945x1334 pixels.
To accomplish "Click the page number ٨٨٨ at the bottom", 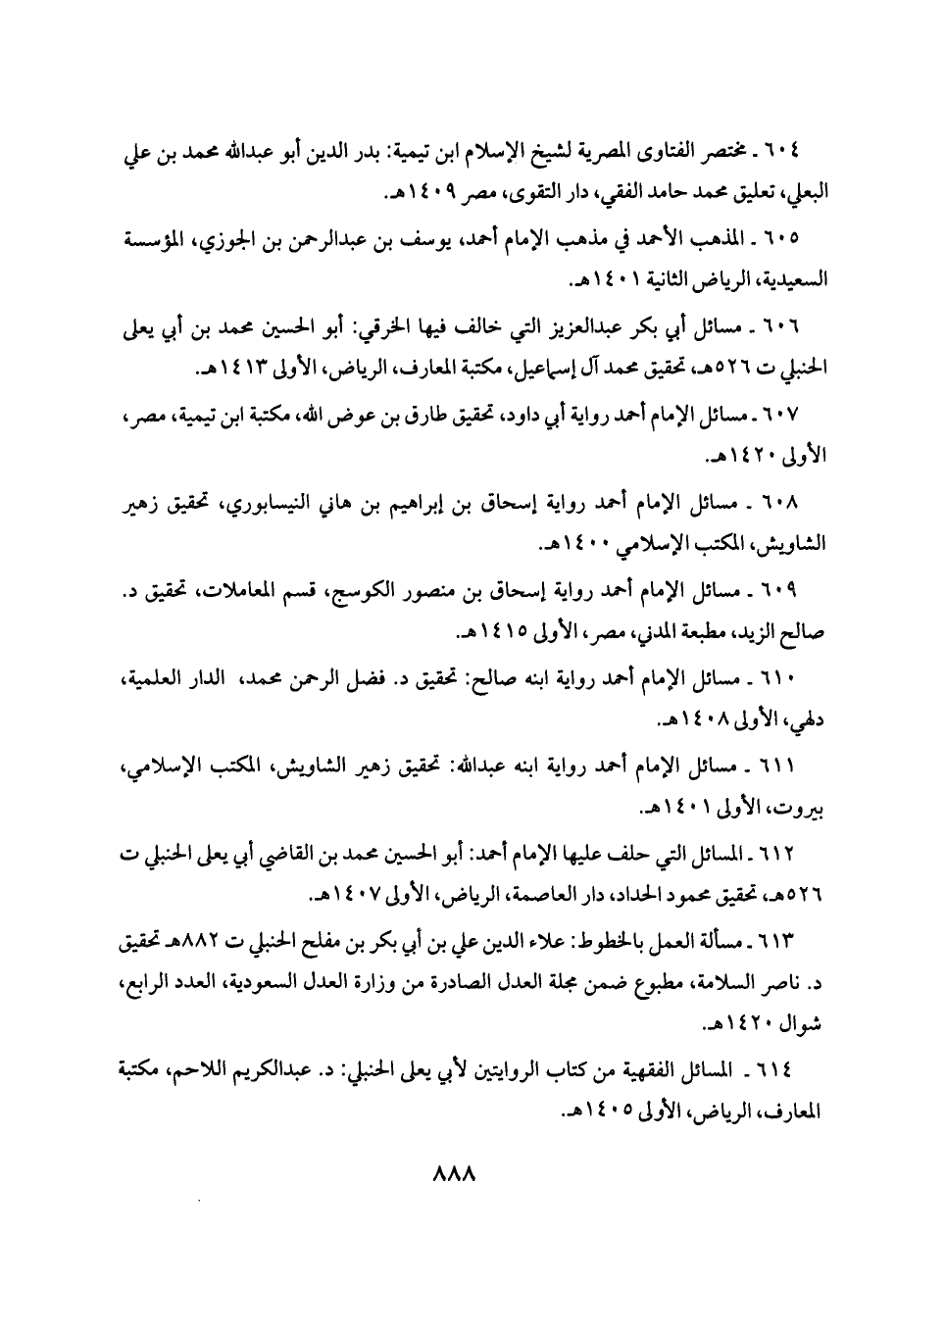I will tap(453, 1175).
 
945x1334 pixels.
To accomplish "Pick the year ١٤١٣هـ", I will tap(231, 371).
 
